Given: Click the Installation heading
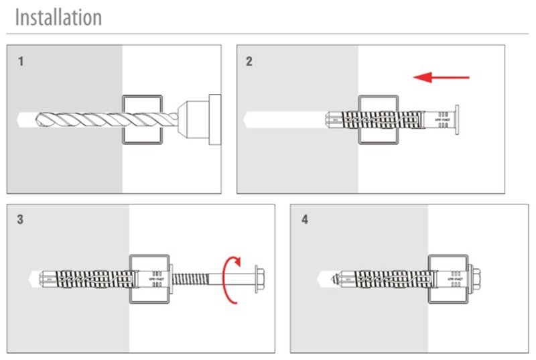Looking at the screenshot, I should [x=58, y=17].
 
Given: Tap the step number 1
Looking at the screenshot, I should [x=21, y=62].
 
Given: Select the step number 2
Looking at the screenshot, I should [x=249, y=62].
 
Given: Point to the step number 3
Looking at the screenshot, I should [x=21, y=219].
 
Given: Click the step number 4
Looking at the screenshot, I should [x=305, y=219].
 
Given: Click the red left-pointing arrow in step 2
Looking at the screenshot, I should [x=441, y=78].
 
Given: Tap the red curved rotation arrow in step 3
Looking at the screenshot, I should [x=232, y=279].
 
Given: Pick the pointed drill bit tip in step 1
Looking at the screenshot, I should [x=20, y=119].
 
